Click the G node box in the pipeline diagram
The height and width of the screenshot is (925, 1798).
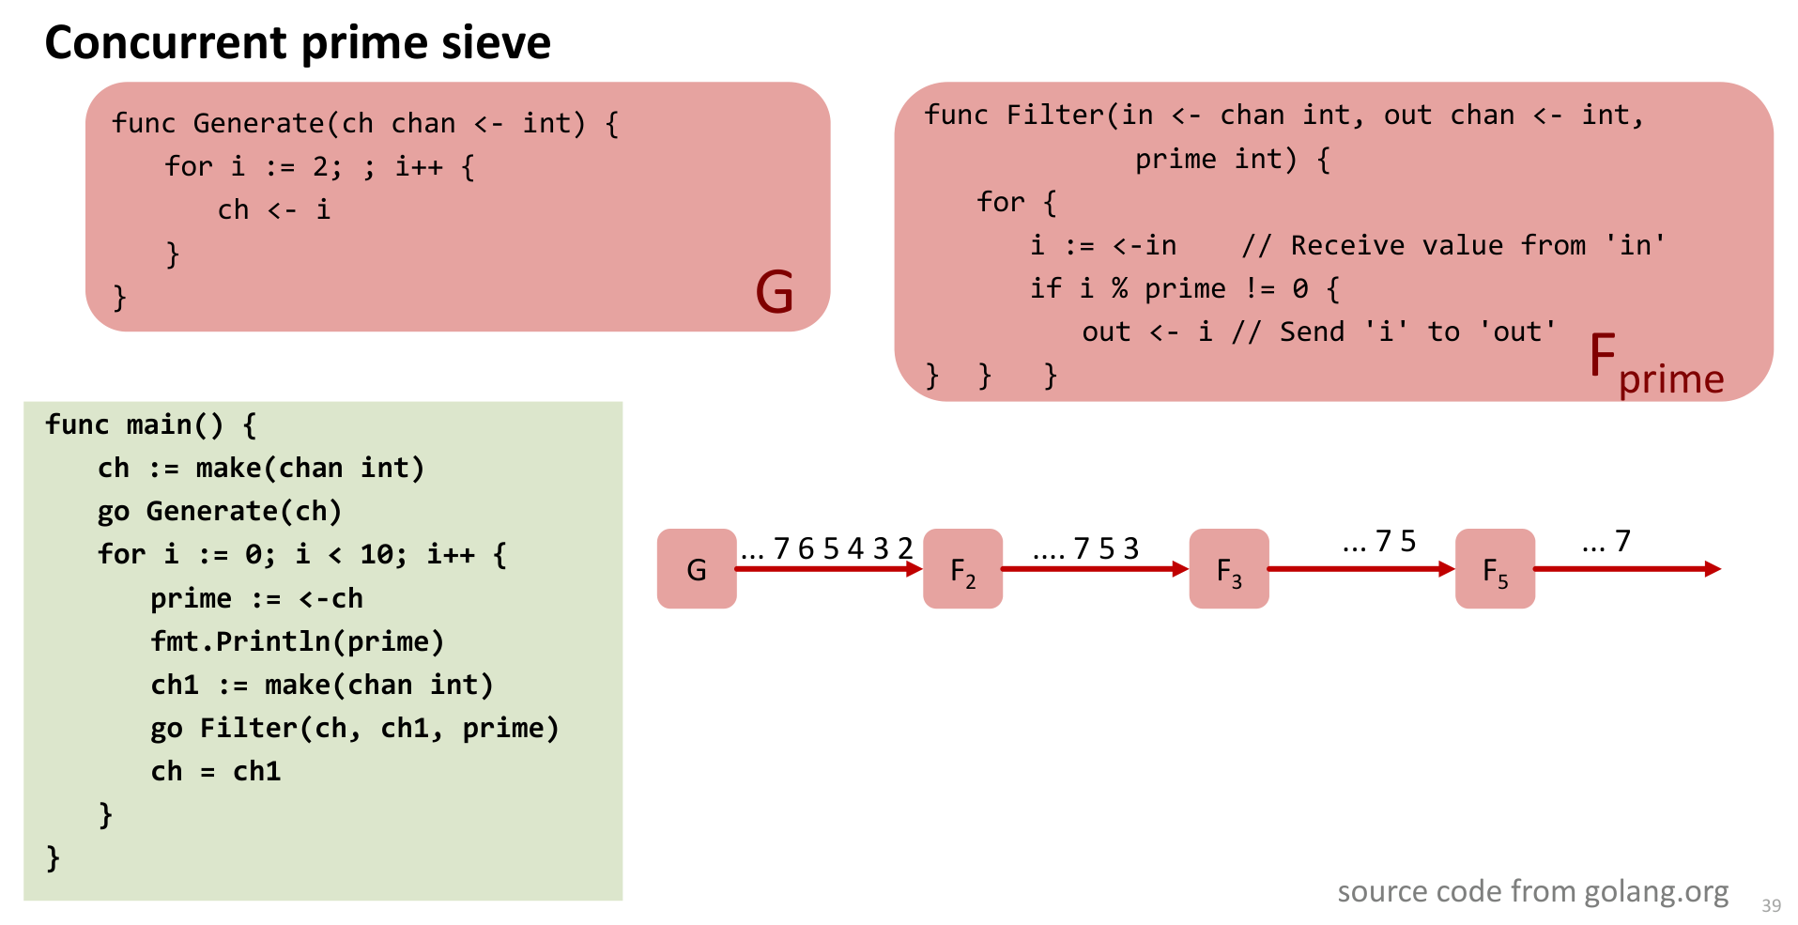coord(696,569)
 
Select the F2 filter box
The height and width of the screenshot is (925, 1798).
coord(962,569)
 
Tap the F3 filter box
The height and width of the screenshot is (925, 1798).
coord(1228,569)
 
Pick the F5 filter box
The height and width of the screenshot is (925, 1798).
coord(1495,569)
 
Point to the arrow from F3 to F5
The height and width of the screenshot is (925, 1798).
coord(1360,569)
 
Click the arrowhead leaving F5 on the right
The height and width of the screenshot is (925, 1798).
coord(1712,569)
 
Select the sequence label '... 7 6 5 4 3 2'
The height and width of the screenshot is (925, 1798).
coord(826,548)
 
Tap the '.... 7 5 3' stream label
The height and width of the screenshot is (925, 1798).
coord(1085,548)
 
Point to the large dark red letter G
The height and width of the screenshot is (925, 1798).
coord(775,291)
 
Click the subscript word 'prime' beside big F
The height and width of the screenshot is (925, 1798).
coord(1671,379)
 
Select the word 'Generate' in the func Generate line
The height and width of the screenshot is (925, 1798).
coord(258,123)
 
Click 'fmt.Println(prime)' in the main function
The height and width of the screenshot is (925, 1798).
coord(297,641)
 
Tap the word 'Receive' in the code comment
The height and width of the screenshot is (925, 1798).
coord(1347,245)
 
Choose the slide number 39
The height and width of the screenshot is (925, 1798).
coord(1771,905)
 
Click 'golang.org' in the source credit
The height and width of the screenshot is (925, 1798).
coord(1656,891)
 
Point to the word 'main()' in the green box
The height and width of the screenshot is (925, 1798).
coord(175,424)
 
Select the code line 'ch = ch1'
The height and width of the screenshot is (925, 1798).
coord(216,771)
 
